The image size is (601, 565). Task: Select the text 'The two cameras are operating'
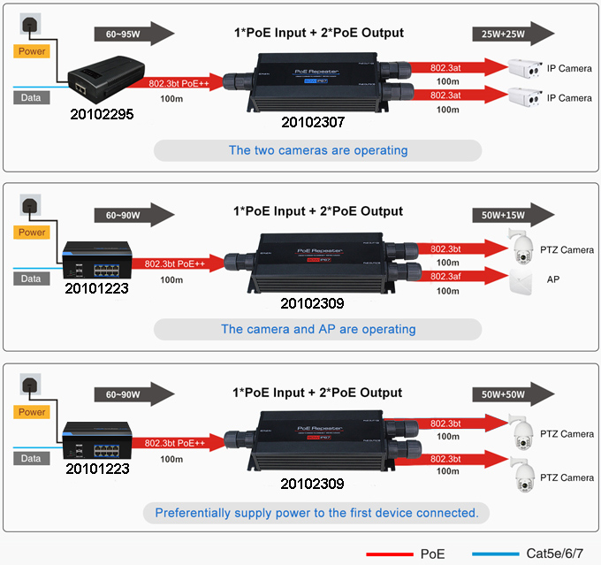click(318, 150)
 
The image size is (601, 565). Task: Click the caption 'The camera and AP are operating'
click(318, 329)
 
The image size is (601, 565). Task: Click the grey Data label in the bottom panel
click(31, 459)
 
